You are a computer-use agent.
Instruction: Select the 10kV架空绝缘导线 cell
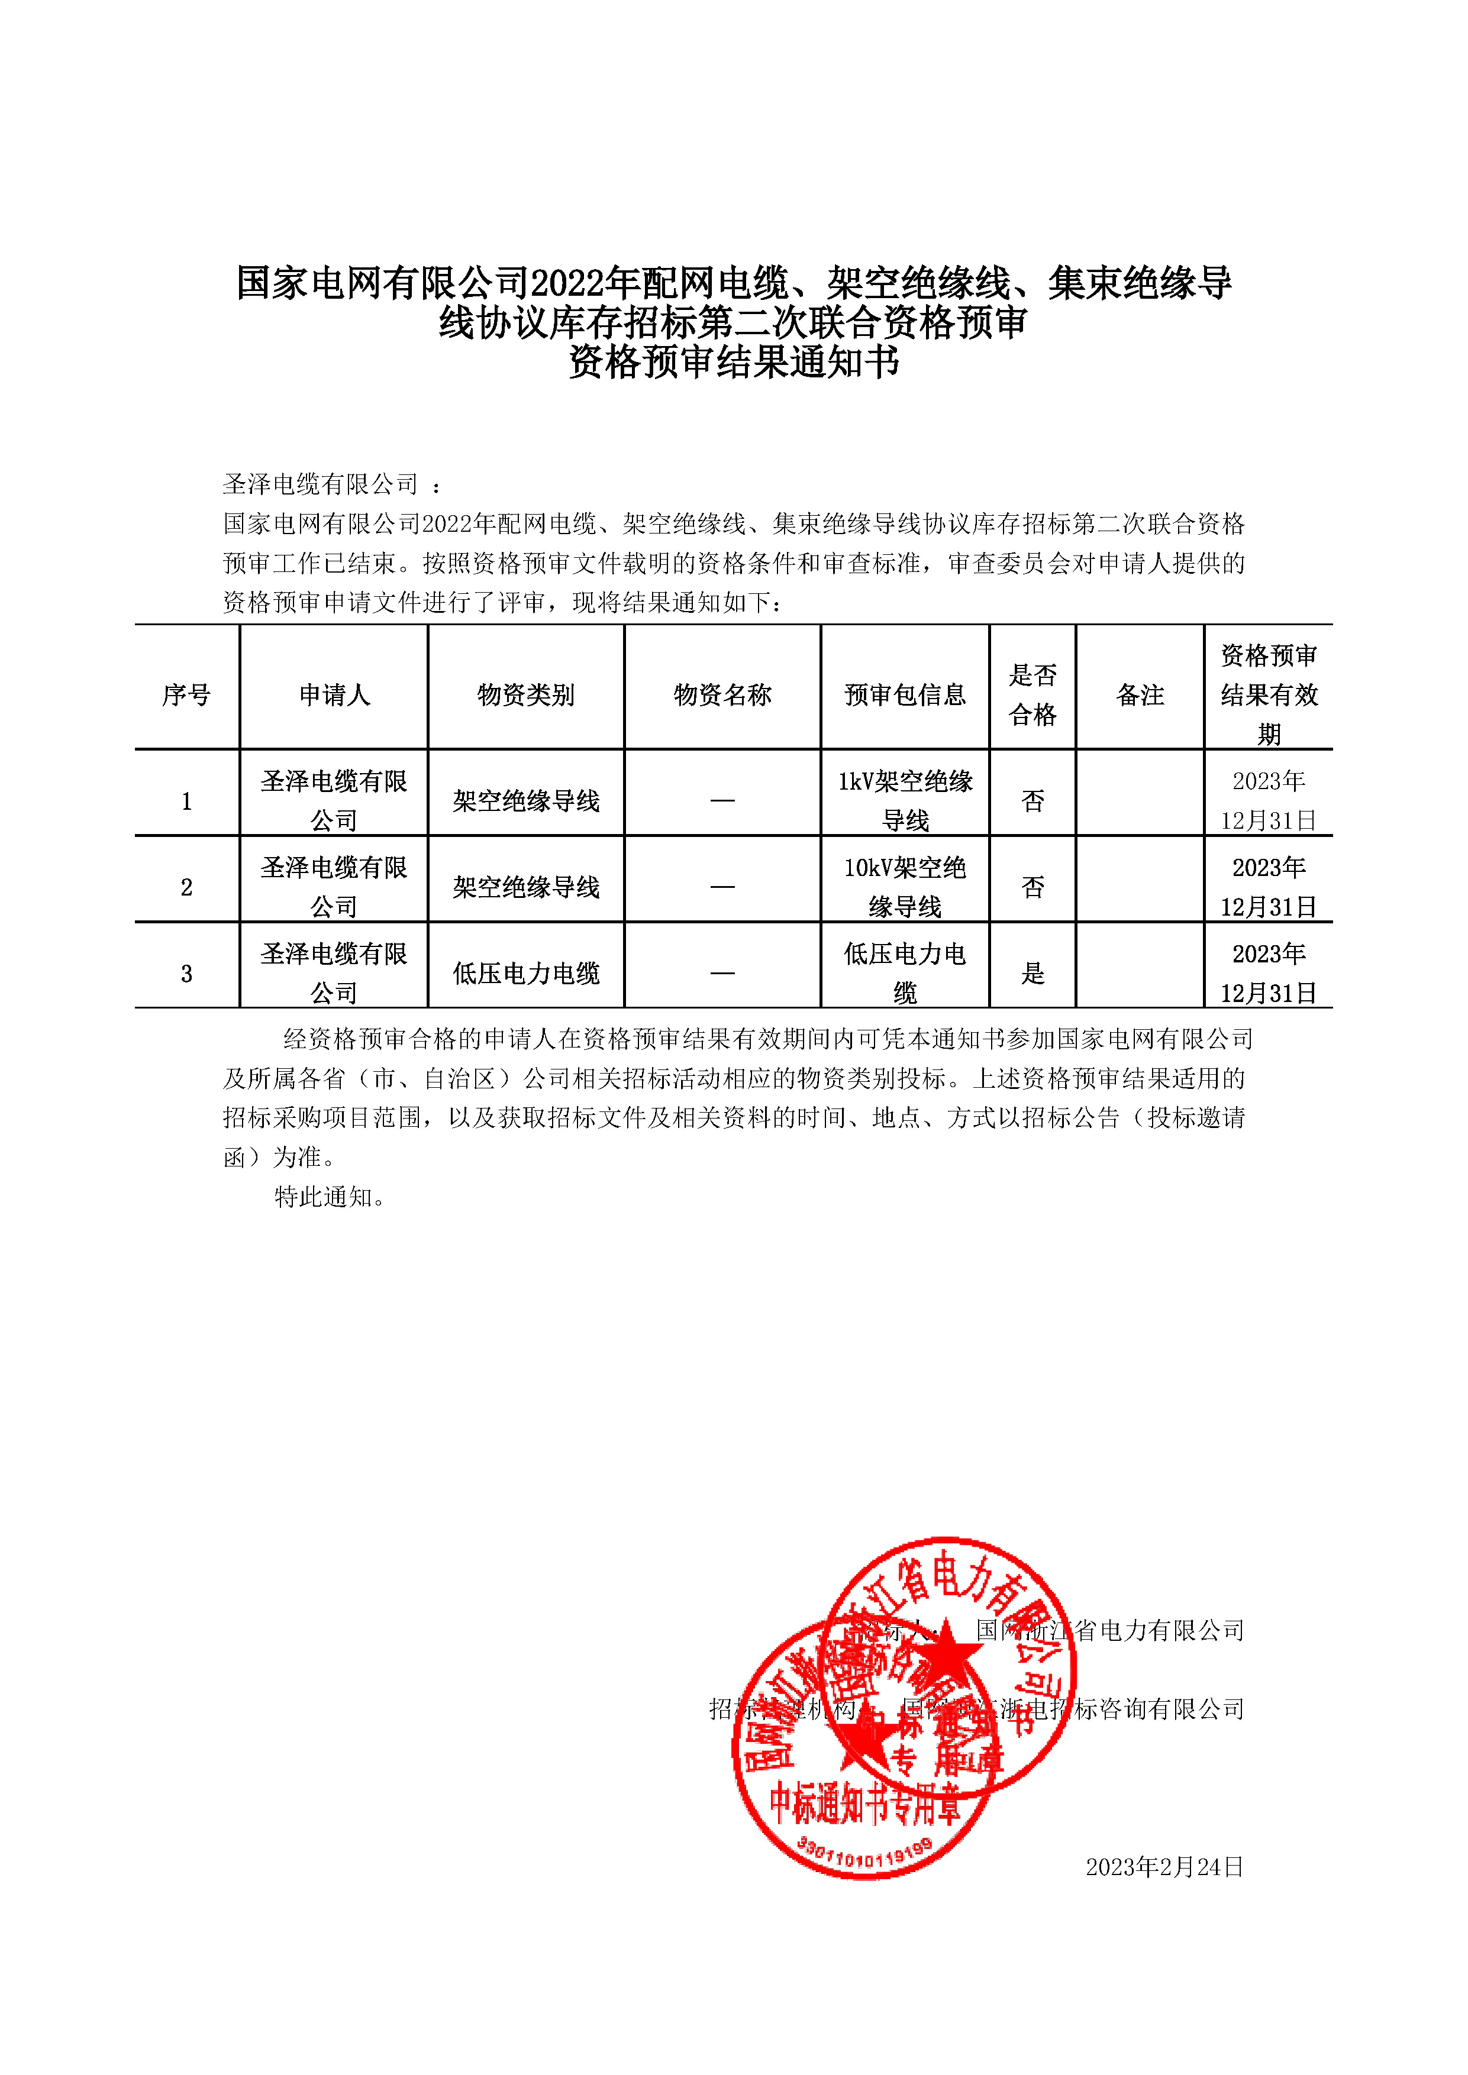coord(905,887)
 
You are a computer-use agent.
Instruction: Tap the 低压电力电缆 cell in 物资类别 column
coord(525,974)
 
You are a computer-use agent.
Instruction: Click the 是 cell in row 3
coord(1033,974)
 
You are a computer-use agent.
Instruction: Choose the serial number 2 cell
coord(186,887)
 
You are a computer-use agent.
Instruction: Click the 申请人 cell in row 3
coord(334,974)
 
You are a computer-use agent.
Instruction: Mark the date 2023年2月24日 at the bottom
coord(1164,1866)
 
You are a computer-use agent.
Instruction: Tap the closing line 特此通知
coord(330,1197)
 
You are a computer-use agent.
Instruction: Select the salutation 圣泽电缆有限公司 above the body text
coord(321,484)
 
